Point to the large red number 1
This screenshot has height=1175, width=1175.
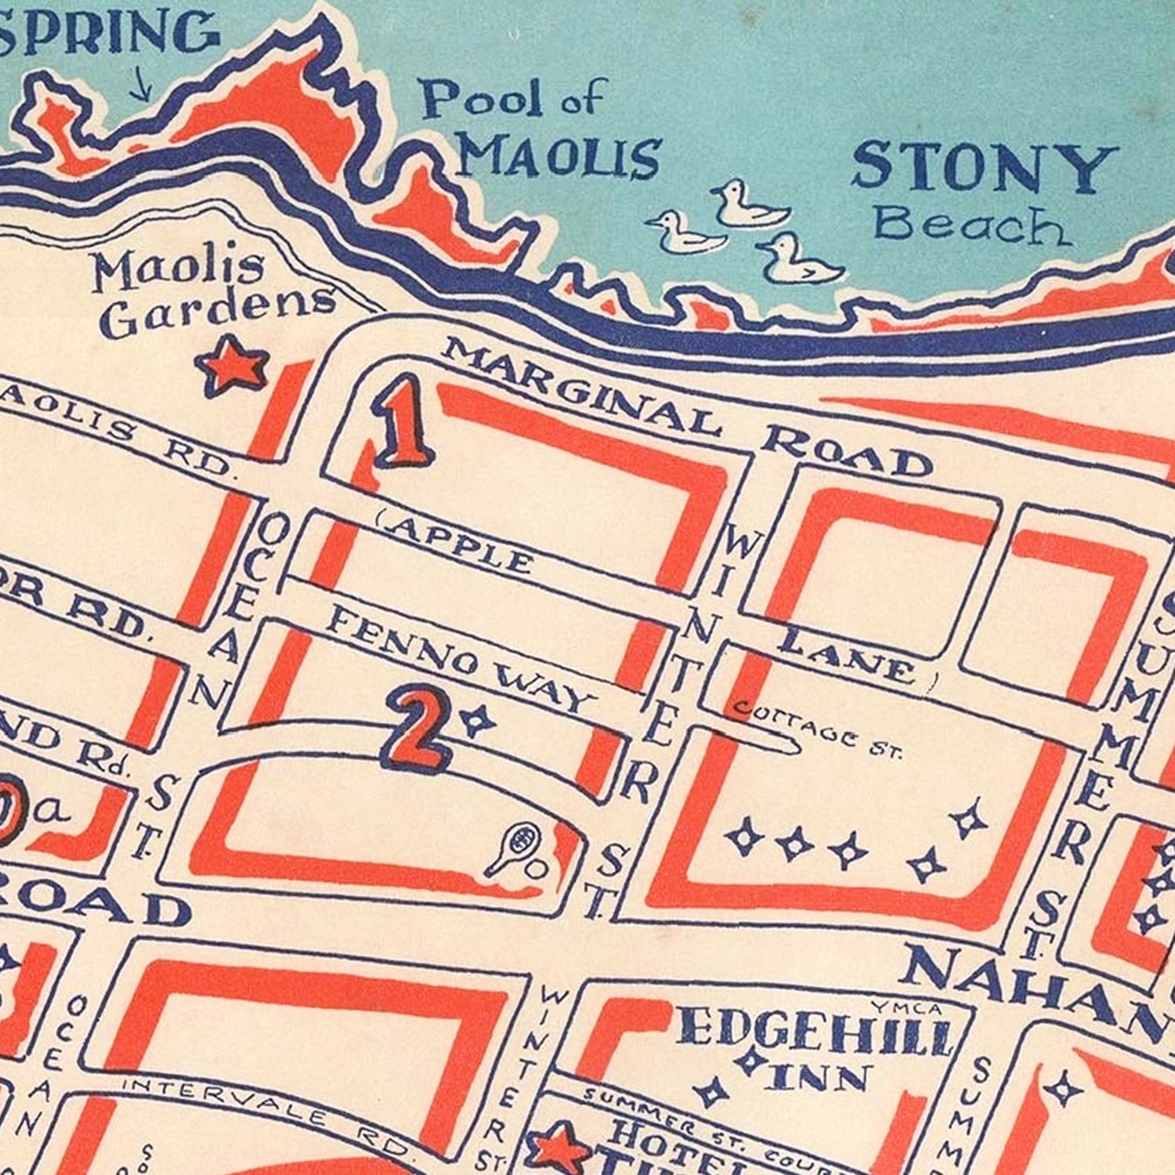(x=402, y=421)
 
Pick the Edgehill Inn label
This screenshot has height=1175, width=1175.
(x=815, y=1050)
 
